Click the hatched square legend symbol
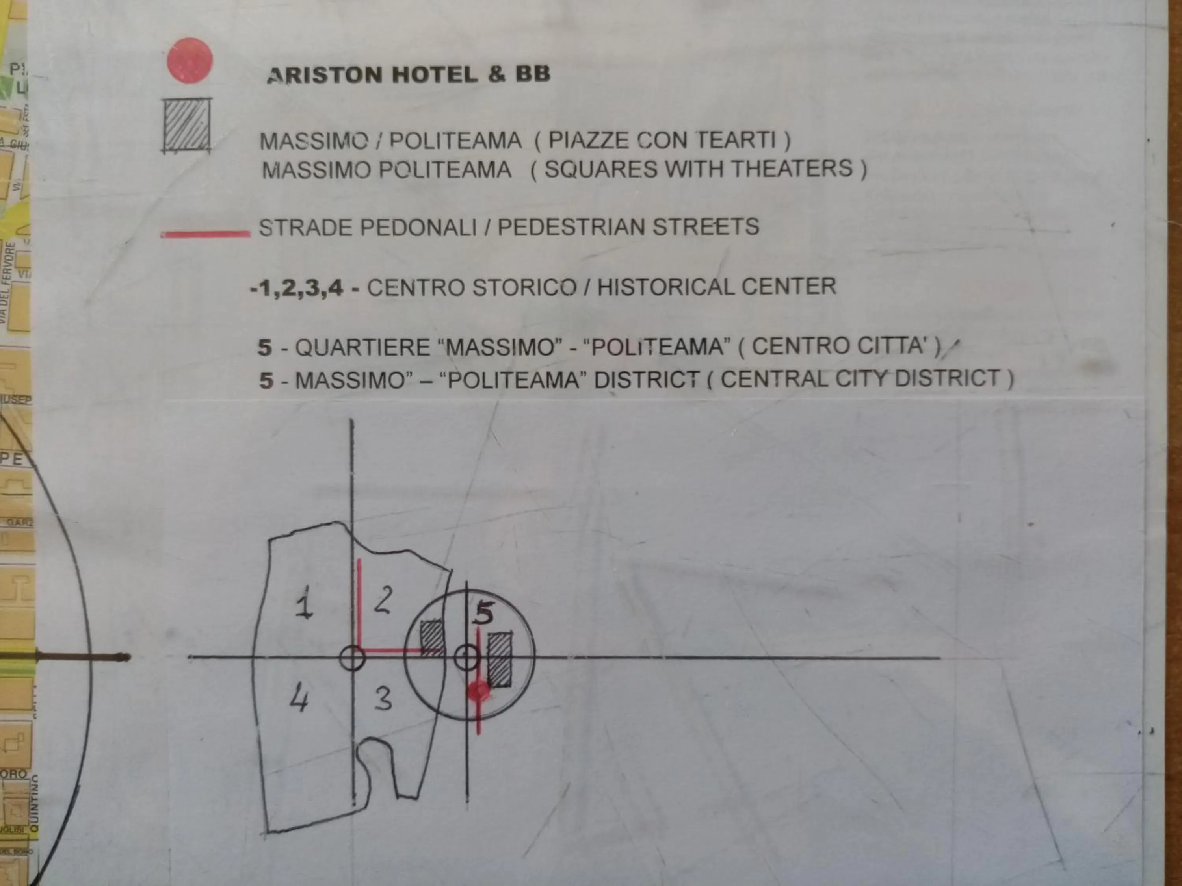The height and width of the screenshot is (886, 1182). (186, 126)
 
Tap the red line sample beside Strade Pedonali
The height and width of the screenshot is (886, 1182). (205, 234)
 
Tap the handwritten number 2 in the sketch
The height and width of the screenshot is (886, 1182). (383, 600)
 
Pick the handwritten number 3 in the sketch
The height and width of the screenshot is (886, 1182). (383, 698)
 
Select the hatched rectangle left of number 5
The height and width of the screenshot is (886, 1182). (432, 638)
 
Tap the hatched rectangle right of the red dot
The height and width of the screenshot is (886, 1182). (500, 660)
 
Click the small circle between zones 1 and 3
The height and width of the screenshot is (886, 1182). (352, 658)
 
